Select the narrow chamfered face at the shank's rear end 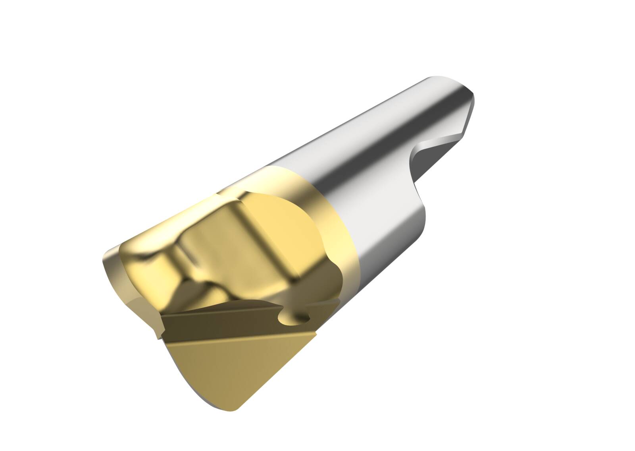coord(470,115)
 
